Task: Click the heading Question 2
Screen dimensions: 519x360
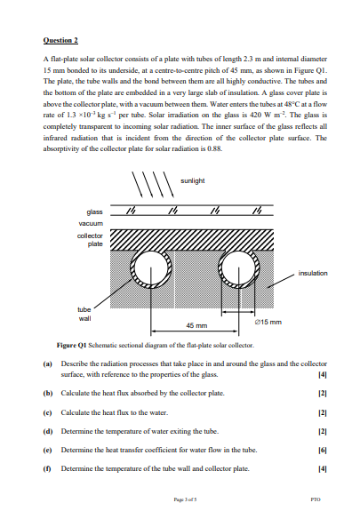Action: coord(60,41)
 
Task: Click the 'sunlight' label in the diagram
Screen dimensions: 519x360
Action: coord(193,180)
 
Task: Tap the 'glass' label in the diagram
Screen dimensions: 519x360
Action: coord(94,212)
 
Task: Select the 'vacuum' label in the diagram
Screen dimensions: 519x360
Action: coord(91,224)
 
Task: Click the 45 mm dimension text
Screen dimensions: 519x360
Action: coord(196,325)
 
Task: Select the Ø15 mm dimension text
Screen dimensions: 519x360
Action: coord(268,321)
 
